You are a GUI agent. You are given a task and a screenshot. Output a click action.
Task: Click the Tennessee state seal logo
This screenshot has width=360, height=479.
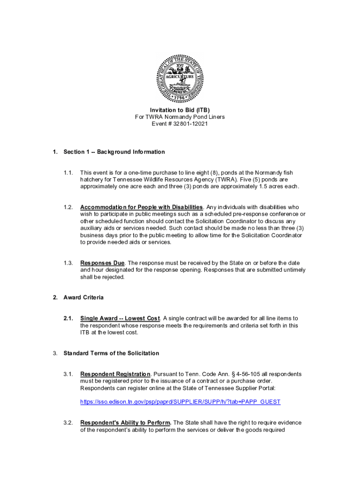click(x=180, y=78)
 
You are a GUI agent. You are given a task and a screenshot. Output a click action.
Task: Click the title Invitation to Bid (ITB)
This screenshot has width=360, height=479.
click(x=180, y=110)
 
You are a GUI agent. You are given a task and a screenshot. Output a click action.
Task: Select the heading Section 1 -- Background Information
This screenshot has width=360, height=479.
click(x=114, y=152)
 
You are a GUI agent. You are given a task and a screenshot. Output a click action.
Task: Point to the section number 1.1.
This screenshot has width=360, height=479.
click(x=68, y=173)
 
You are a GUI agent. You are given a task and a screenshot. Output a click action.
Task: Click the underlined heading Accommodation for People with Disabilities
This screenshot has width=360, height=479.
click(x=142, y=207)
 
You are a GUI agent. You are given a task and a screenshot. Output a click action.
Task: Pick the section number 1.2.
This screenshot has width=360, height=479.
click(x=68, y=207)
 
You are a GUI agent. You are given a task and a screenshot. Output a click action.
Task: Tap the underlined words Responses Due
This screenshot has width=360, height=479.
click(x=102, y=263)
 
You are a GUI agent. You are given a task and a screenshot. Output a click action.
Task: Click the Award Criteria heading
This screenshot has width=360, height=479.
click(x=84, y=298)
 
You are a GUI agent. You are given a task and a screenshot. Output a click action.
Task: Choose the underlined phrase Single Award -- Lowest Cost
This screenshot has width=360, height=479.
click(x=120, y=319)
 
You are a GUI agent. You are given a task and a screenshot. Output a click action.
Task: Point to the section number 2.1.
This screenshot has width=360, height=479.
click(x=68, y=319)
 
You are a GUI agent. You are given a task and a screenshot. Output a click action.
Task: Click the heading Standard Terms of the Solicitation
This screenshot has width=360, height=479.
click(x=111, y=353)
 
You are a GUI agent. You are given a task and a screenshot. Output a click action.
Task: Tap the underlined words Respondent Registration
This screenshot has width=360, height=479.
click(x=115, y=374)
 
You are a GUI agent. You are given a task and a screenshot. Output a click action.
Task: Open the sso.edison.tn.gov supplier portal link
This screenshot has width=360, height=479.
click(x=180, y=402)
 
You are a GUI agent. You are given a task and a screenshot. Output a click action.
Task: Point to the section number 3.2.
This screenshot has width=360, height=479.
click(x=68, y=423)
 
